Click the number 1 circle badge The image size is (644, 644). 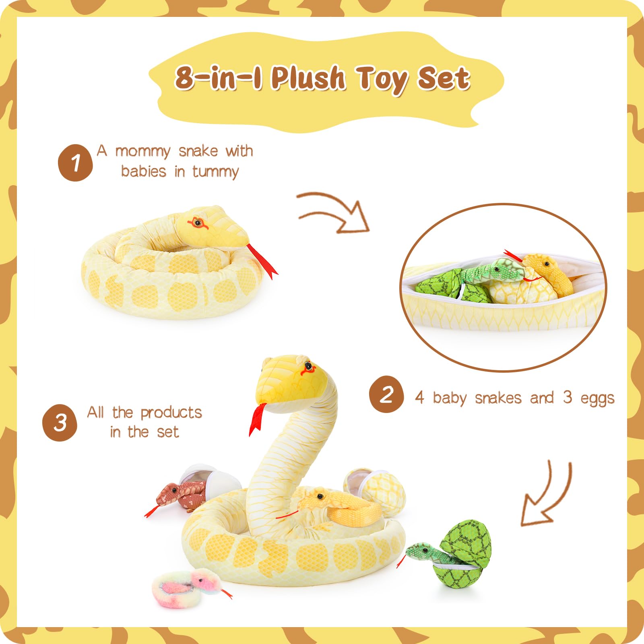76,163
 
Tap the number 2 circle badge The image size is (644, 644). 387,394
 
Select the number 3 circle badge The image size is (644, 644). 60,423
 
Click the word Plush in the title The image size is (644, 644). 308,78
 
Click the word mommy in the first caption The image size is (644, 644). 143,152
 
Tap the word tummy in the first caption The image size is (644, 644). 216,172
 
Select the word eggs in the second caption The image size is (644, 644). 597,398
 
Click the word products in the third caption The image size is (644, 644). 171,413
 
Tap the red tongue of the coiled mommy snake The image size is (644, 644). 262,260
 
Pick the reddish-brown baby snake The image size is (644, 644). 179,495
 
